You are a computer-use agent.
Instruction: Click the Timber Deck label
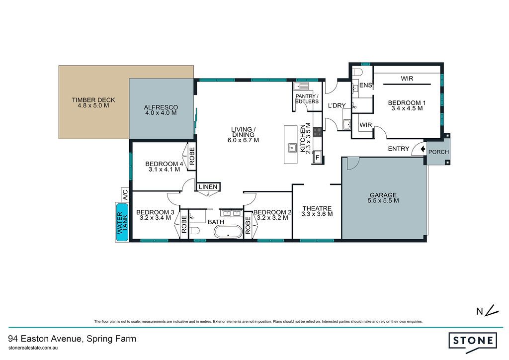pyautogui.click(x=93, y=102)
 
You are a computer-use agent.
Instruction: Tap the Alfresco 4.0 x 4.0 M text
pyautogui.click(x=161, y=110)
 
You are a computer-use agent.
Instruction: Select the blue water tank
pyautogui.click(x=122, y=222)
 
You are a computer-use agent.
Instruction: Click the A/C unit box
pyautogui.click(x=125, y=195)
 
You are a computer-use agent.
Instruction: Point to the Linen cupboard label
pyautogui.click(x=208, y=186)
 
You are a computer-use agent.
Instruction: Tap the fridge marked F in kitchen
pyautogui.click(x=318, y=158)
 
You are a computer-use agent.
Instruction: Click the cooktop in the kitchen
pyautogui.click(x=318, y=131)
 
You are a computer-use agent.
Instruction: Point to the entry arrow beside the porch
pyautogui.click(x=423, y=149)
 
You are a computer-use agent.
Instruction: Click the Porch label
pyautogui.click(x=438, y=152)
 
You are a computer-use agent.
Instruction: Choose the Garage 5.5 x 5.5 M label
pyautogui.click(x=383, y=198)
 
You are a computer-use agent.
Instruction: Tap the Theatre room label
pyautogui.click(x=317, y=211)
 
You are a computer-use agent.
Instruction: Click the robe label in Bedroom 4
pyautogui.click(x=192, y=156)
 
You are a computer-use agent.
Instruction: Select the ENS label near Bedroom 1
pyautogui.click(x=366, y=85)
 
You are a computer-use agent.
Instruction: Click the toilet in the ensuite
pyautogui.click(x=357, y=72)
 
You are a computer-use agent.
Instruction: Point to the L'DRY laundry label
pyautogui.click(x=337, y=105)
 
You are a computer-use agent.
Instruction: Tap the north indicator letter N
pyautogui.click(x=480, y=312)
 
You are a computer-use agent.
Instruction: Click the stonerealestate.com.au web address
pyautogui.click(x=33, y=348)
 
